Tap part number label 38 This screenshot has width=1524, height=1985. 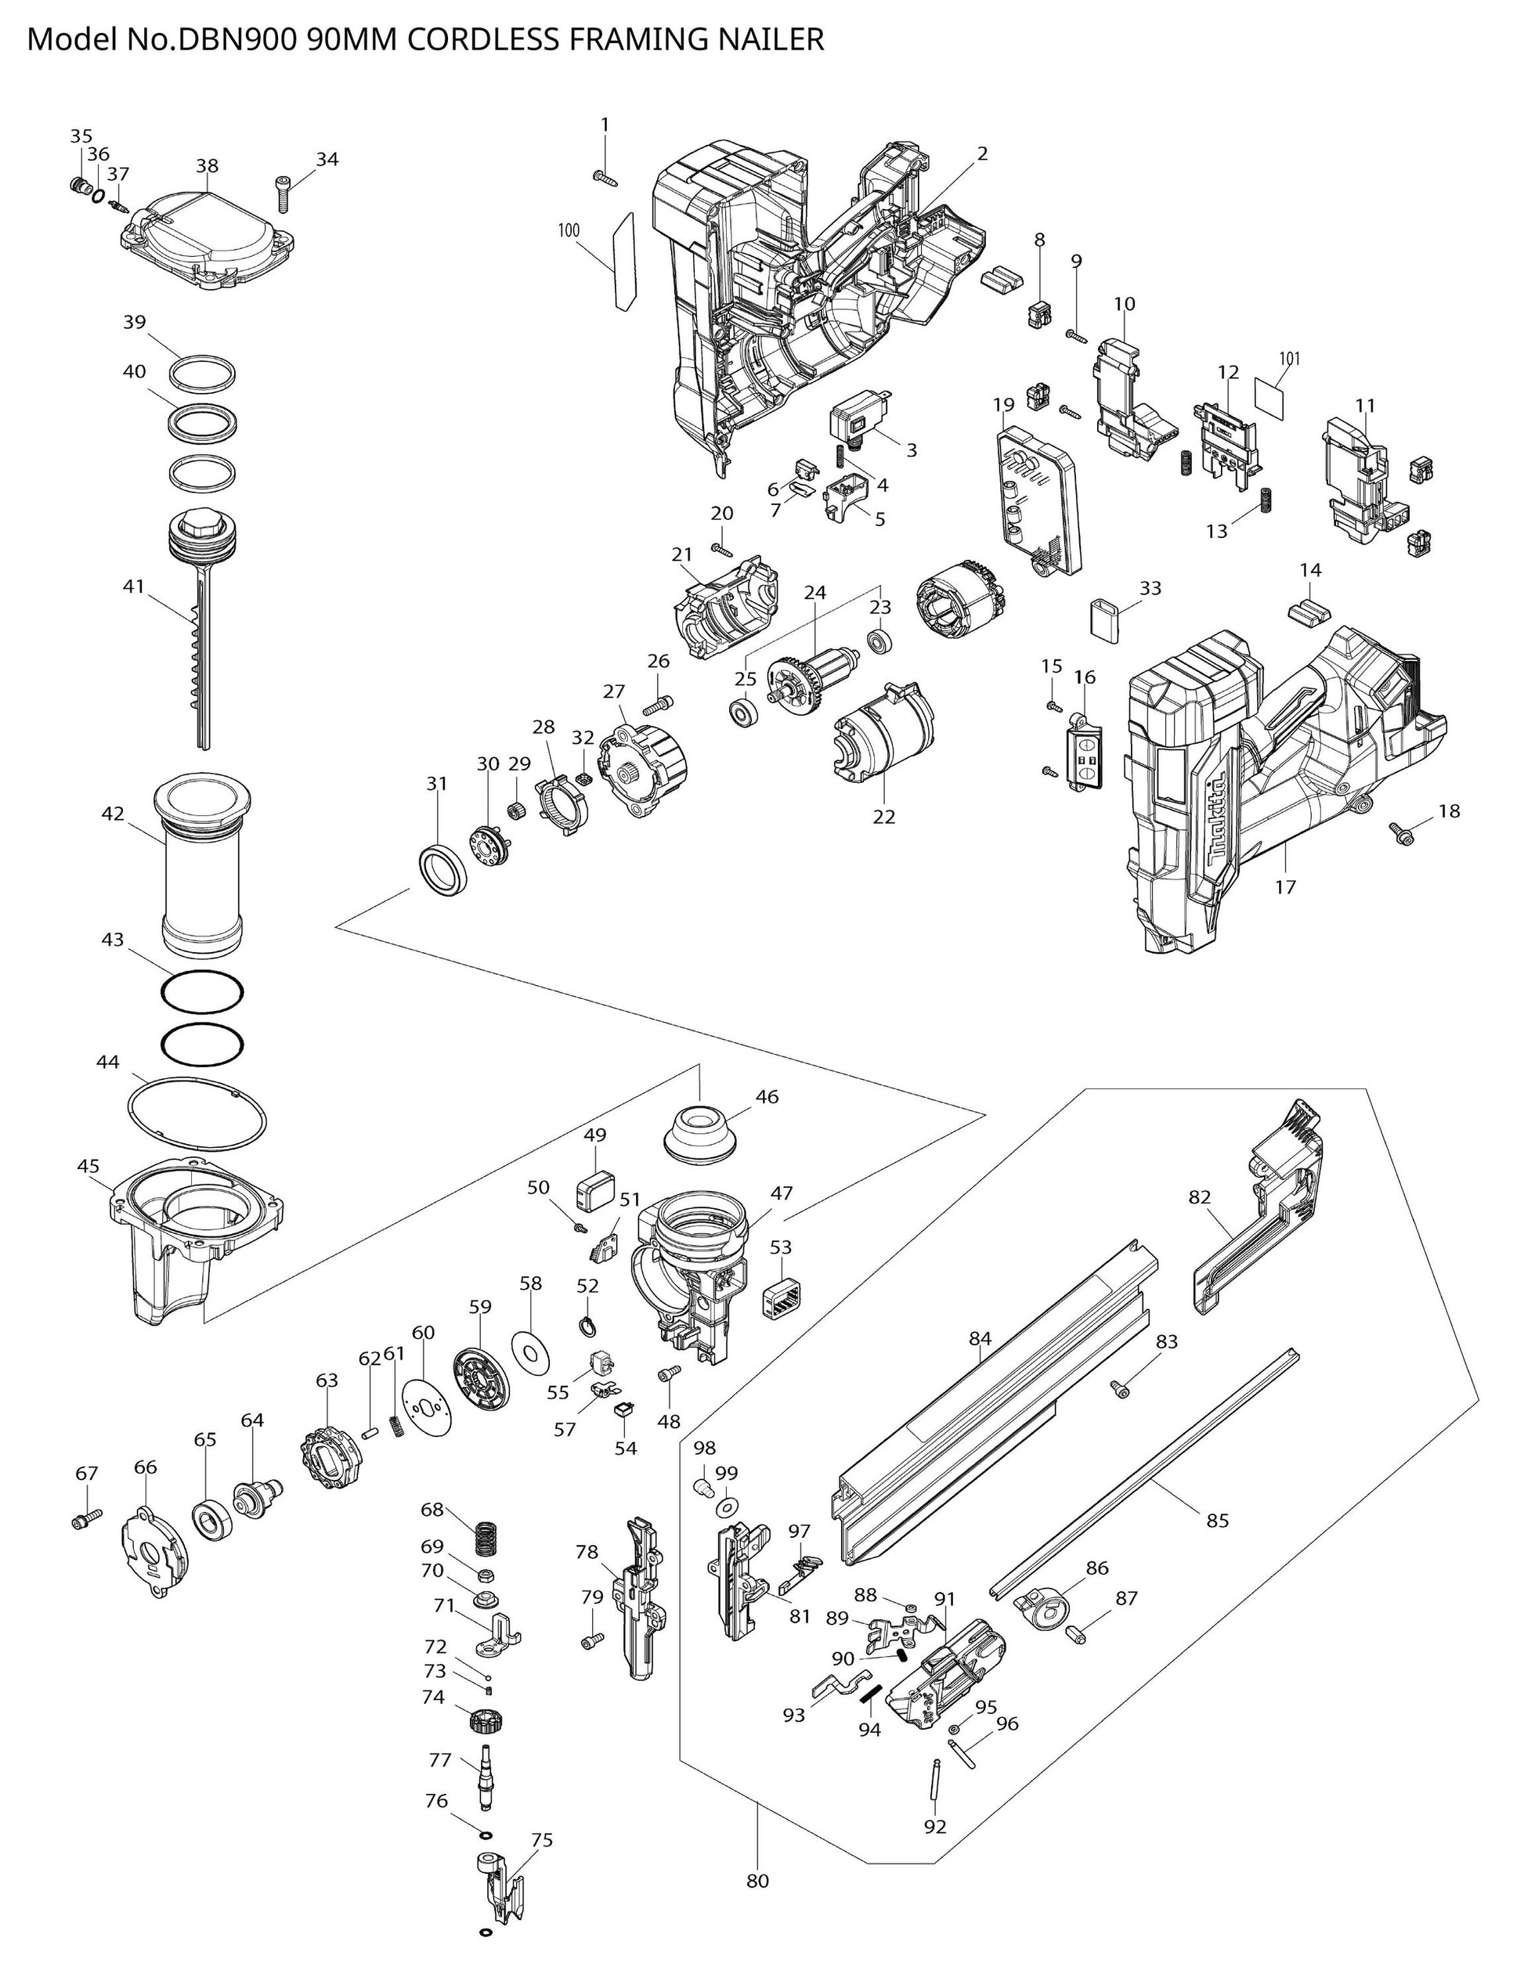pos(207,166)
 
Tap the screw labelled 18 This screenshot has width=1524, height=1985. pos(1403,831)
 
